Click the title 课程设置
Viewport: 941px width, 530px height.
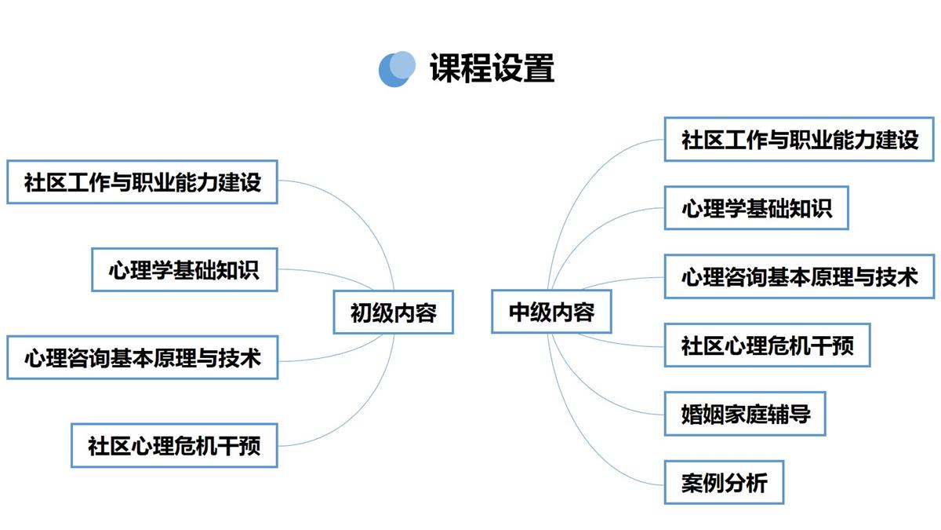[x=492, y=68]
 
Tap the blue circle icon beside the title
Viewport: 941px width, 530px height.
[x=397, y=69]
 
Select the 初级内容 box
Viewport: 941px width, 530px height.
[x=393, y=313]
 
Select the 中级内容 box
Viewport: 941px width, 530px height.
[x=551, y=312]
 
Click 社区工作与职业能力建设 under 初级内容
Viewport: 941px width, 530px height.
[x=143, y=182]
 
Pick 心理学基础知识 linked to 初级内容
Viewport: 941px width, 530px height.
[x=184, y=269]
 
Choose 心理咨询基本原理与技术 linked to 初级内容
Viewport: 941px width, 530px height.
[x=143, y=357]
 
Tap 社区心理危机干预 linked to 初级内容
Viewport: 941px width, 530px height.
[x=174, y=445]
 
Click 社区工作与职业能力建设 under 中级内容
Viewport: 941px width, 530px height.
[x=799, y=139]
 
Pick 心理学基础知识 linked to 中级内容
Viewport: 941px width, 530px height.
[x=756, y=208]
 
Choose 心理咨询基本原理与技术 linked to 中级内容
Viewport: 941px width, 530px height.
[x=799, y=276]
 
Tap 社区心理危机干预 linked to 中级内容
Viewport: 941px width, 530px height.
[x=767, y=345]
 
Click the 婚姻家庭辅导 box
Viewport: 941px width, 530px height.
[x=745, y=414]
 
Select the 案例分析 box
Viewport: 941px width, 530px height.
[x=724, y=482]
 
